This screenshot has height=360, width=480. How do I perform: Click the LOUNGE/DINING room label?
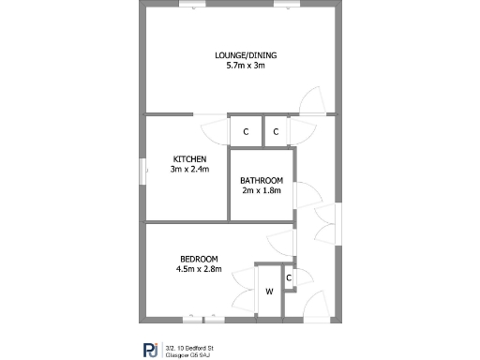(x=246, y=55)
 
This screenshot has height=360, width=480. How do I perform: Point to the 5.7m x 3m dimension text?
(x=246, y=67)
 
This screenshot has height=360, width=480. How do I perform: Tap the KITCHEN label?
(x=189, y=158)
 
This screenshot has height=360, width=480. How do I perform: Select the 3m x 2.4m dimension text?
(x=189, y=170)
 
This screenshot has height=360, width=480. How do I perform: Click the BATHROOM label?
(x=262, y=180)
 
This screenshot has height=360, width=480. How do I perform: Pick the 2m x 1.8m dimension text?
(x=262, y=191)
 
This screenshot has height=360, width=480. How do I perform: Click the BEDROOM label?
(x=199, y=259)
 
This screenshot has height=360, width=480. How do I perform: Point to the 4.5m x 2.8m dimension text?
(x=199, y=270)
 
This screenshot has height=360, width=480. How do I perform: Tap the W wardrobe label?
(x=269, y=291)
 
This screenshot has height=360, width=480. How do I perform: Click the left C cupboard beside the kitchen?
(x=246, y=131)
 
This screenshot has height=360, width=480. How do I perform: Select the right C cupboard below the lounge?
(x=276, y=131)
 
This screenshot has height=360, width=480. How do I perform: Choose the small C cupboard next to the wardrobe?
(x=289, y=277)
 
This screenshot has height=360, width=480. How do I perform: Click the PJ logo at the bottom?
(x=150, y=350)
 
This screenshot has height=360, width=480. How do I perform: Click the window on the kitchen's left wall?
(x=143, y=171)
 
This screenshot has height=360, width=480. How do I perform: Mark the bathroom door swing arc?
(x=305, y=194)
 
